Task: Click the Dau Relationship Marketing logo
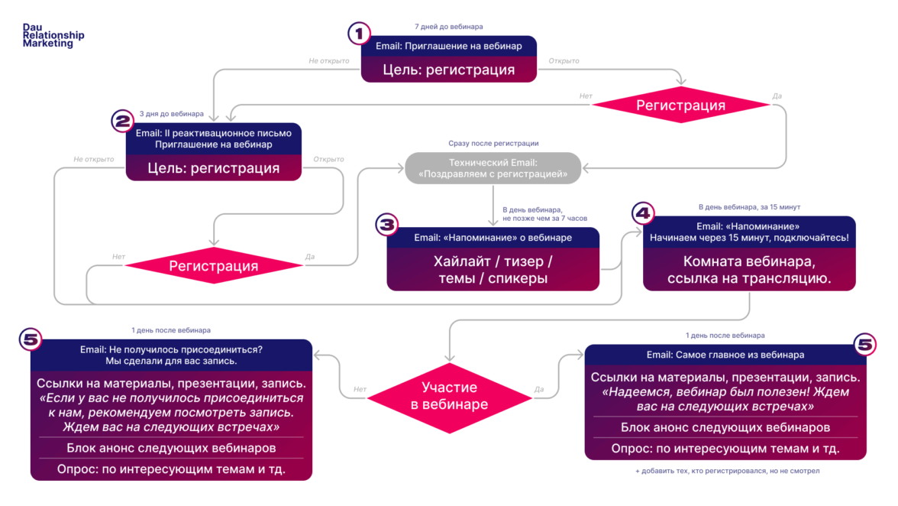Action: click(x=53, y=35)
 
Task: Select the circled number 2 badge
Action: click(x=123, y=121)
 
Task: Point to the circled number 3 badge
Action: click(x=387, y=224)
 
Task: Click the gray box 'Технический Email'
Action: click(x=493, y=168)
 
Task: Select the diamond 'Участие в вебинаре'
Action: click(x=449, y=396)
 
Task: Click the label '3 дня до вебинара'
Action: click(x=172, y=114)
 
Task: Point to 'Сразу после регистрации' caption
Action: click(x=493, y=143)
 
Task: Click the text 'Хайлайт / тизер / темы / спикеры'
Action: click(x=493, y=270)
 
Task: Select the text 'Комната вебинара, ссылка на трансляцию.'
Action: click(x=749, y=271)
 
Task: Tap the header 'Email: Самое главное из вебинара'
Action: click(x=725, y=355)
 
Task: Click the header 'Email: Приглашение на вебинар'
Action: click(x=449, y=46)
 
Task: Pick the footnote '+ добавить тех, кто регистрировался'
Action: click(x=727, y=472)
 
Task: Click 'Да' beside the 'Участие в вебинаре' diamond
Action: click(x=539, y=389)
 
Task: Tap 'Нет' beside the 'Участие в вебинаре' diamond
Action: click(x=360, y=389)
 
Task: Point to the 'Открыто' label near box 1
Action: click(x=564, y=60)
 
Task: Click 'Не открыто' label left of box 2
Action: click(x=94, y=159)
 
